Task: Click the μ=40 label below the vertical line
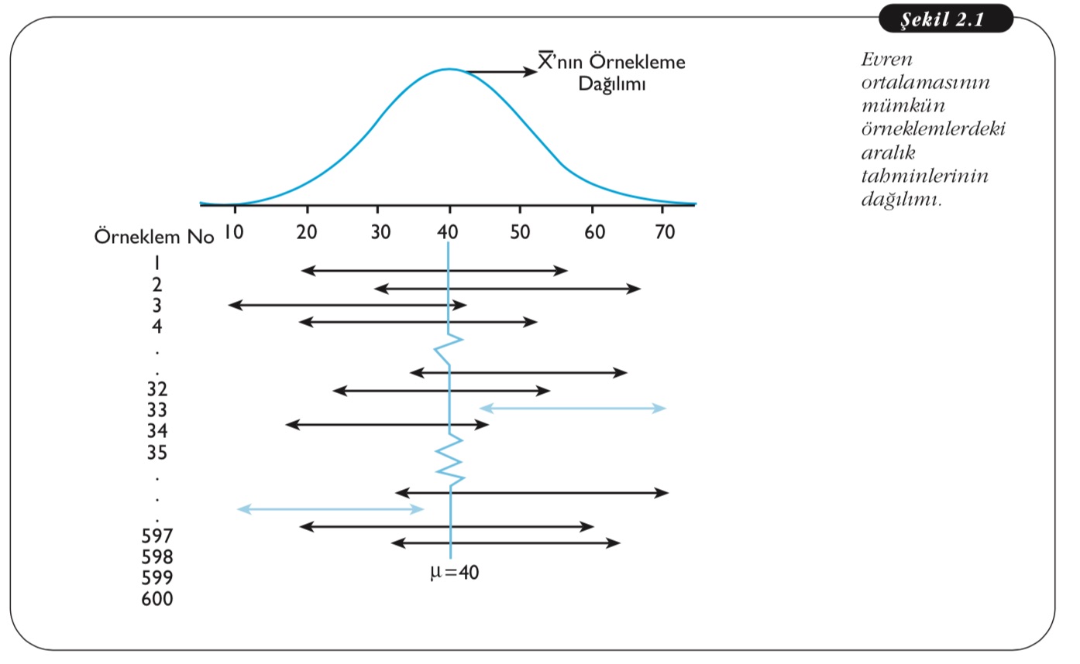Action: click(455, 573)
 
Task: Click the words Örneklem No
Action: click(153, 237)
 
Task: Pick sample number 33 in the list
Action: click(157, 409)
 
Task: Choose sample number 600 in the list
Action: click(157, 599)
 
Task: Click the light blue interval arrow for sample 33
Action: click(573, 408)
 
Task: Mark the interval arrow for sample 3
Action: click(348, 305)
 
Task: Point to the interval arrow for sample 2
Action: click(507, 288)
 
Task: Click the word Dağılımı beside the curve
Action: click(612, 84)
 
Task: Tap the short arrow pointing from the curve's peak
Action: click(500, 72)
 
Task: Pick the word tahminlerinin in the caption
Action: click(924, 176)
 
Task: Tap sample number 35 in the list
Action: click(157, 452)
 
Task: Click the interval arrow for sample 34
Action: click(387, 423)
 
